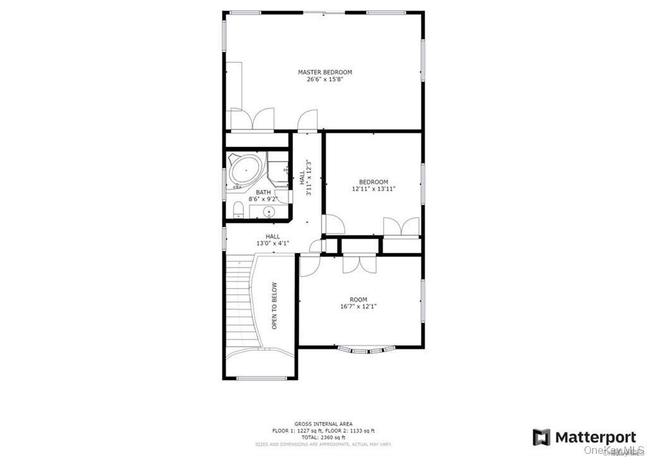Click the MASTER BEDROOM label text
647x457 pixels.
tap(325, 72)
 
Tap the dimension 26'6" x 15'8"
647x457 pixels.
tap(325, 80)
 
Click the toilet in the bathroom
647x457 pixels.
tap(236, 209)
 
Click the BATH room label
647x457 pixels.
tap(263, 192)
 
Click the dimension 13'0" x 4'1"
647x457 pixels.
tap(273, 242)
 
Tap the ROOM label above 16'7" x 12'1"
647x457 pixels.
tap(358, 299)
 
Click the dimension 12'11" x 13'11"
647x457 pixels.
tap(373, 189)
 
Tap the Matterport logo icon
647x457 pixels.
tap(541, 437)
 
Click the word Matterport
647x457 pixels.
tap(595, 437)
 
